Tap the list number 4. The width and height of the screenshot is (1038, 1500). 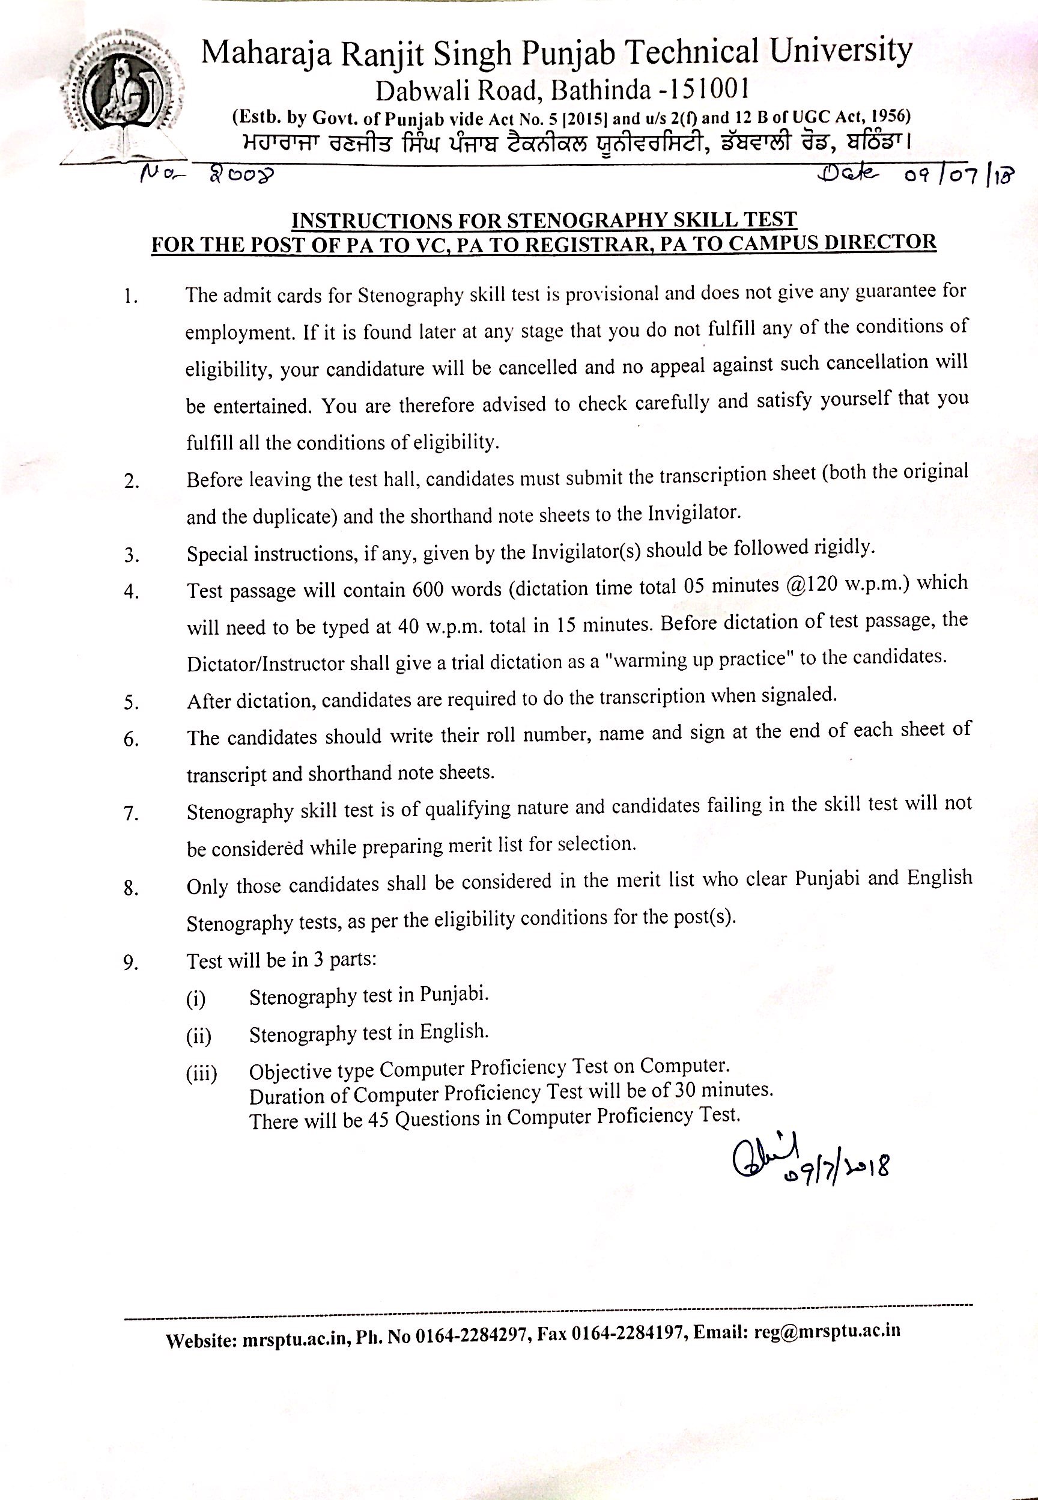click(132, 592)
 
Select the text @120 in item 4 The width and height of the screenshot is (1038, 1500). click(809, 585)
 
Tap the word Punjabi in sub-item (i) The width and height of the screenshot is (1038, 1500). click(454, 994)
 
